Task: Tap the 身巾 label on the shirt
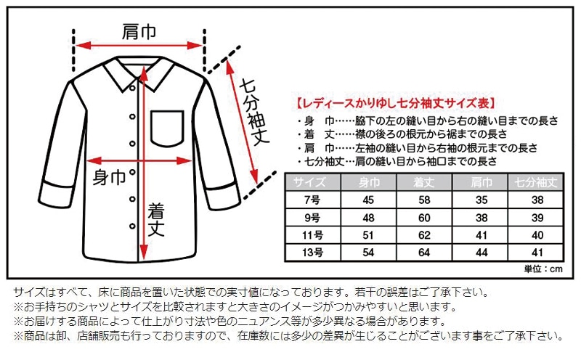(110, 176)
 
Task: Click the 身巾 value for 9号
(367, 218)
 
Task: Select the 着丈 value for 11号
(423, 234)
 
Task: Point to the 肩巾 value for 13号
(479, 252)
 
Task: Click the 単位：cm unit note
(543, 269)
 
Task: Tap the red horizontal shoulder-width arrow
(138, 45)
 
